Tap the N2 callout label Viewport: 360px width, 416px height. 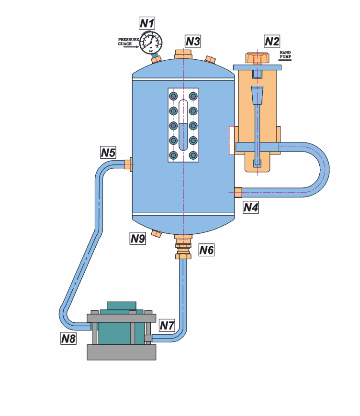coord(272,42)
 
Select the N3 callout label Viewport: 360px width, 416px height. coord(192,42)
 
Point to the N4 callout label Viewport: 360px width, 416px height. coord(251,208)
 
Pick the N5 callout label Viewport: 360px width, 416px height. coord(108,153)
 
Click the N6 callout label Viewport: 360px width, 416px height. coord(207,249)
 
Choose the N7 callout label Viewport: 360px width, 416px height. coord(167,326)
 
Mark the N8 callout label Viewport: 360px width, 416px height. coord(68,339)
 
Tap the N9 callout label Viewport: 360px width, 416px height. coord(138,239)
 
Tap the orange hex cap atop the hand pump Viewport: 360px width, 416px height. coord(258,58)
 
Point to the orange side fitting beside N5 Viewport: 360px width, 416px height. coord(128,164)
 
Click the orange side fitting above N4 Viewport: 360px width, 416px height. coord(238,192)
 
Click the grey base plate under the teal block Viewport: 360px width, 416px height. coord(122,352)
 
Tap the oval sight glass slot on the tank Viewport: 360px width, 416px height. coord(183,125)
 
